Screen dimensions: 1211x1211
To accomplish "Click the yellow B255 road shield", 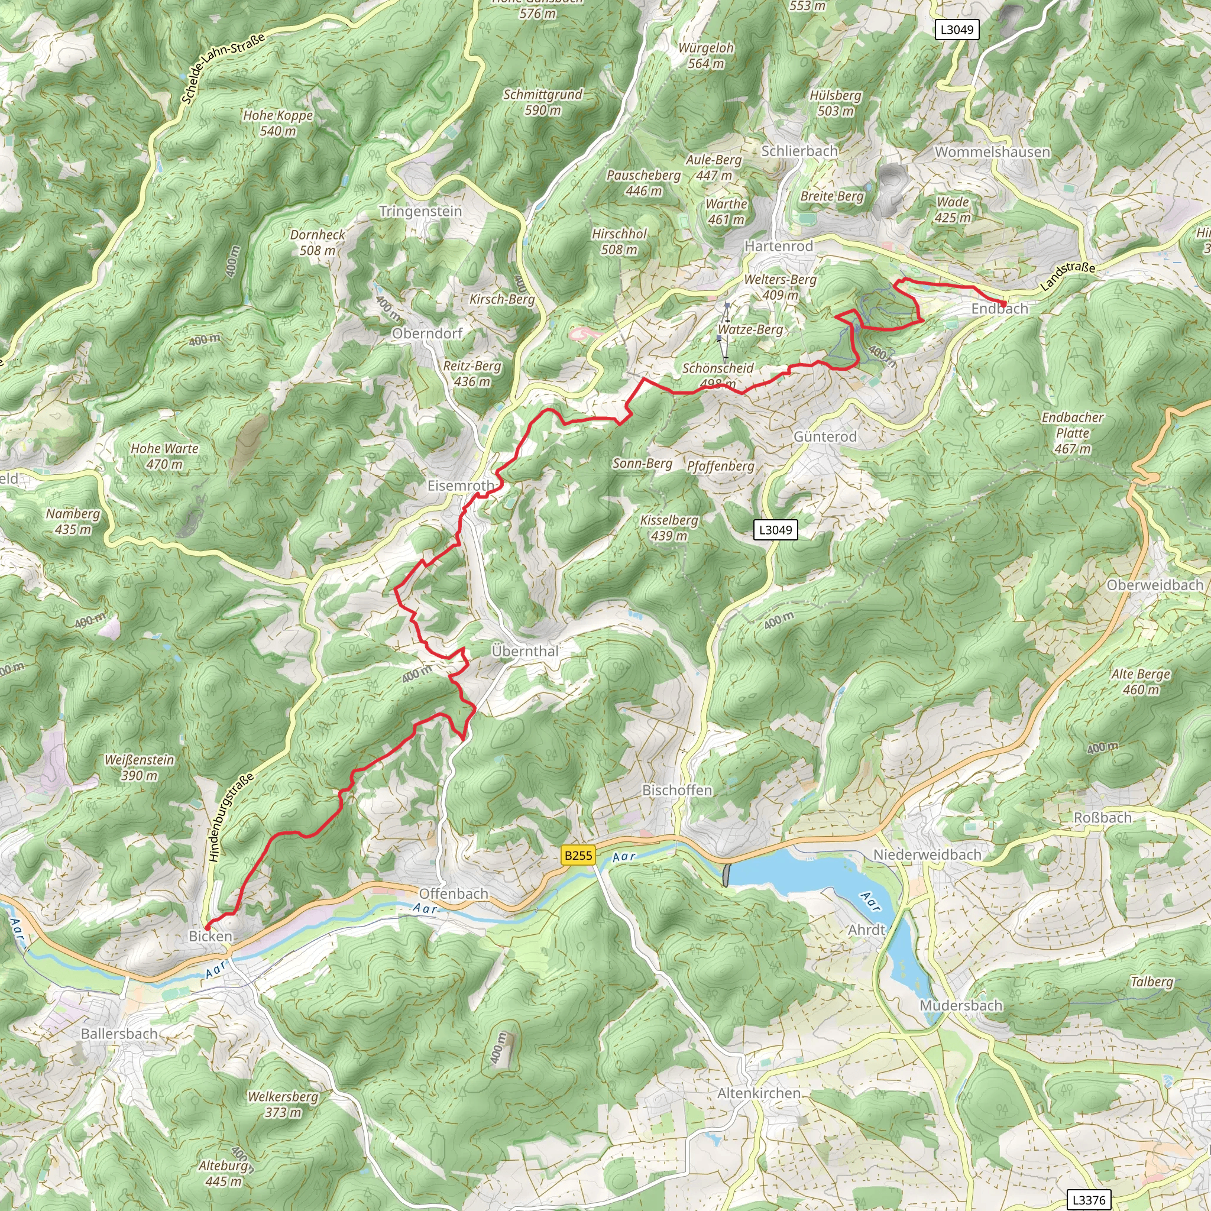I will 577,855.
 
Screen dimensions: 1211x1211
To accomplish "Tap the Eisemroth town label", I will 461,486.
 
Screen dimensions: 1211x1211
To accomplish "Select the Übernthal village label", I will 525,651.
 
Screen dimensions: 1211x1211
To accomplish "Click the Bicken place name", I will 211,936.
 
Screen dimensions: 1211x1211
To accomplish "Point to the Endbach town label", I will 1000,309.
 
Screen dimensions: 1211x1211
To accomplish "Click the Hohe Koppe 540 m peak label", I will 278,123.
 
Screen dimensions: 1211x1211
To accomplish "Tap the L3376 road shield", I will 1089,1200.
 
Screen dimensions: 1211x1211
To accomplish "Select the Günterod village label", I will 825,436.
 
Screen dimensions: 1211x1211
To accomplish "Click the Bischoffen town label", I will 677,791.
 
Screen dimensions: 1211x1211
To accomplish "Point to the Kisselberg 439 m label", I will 669,528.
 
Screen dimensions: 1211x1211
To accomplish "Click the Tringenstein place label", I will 420,211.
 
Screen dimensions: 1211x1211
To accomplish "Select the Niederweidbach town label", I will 927,854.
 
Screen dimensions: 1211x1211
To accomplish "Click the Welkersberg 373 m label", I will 283,1105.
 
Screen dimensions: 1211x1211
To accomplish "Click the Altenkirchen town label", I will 759,1093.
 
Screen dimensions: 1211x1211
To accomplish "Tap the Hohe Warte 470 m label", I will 164,456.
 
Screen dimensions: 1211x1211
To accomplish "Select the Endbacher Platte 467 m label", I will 1073,433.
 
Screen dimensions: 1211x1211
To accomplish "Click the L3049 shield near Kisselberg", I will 775,530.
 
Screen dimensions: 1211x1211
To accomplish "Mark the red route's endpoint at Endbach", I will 1004,304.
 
